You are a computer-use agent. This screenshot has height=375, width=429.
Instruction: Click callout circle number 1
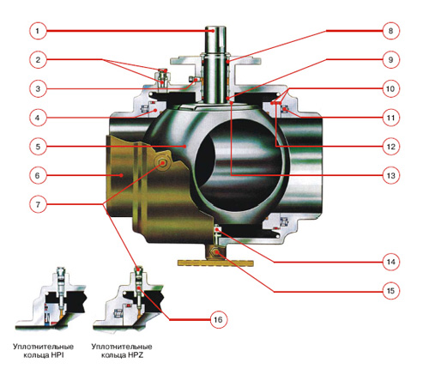click(x=38, y=31)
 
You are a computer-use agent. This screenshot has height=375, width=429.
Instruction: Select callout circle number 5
click(x=38, y=147)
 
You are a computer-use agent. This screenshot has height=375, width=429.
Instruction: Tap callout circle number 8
click(x=390, y=31)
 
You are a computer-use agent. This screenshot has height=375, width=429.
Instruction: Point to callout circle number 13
click(x=390, y=175)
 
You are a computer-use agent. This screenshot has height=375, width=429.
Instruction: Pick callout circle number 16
click(x=218, y=319)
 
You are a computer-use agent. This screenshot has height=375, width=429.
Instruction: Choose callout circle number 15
click(x=390, y=291)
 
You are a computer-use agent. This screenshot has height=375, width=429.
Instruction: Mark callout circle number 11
click(x=390, y=118)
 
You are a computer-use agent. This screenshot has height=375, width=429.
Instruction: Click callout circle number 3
click(x=38, y=88)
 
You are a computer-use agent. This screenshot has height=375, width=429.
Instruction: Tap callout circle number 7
click(x=38, y=204)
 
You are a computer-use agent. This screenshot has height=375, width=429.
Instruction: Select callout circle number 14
click(x=390, y=262)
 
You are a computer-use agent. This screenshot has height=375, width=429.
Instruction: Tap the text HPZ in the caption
click(x=136, y=355)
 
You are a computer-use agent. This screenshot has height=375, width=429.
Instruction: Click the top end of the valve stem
click(x=215, y=27)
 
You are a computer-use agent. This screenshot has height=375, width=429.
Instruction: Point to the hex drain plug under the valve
click(x=214, y=251)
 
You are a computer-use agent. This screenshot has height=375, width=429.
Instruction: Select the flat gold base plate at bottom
click(x=215, y=263)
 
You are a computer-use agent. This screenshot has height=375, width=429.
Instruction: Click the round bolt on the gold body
click(x=162, y=163)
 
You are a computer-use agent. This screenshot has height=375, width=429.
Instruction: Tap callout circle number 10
click(x=390, y=88)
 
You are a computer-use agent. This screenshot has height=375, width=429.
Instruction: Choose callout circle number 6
click(x=38, y=175)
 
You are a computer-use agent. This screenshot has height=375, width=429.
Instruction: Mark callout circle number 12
click(x=390, y=147)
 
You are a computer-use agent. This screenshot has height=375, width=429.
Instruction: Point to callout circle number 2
click(x=38, y=60)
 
